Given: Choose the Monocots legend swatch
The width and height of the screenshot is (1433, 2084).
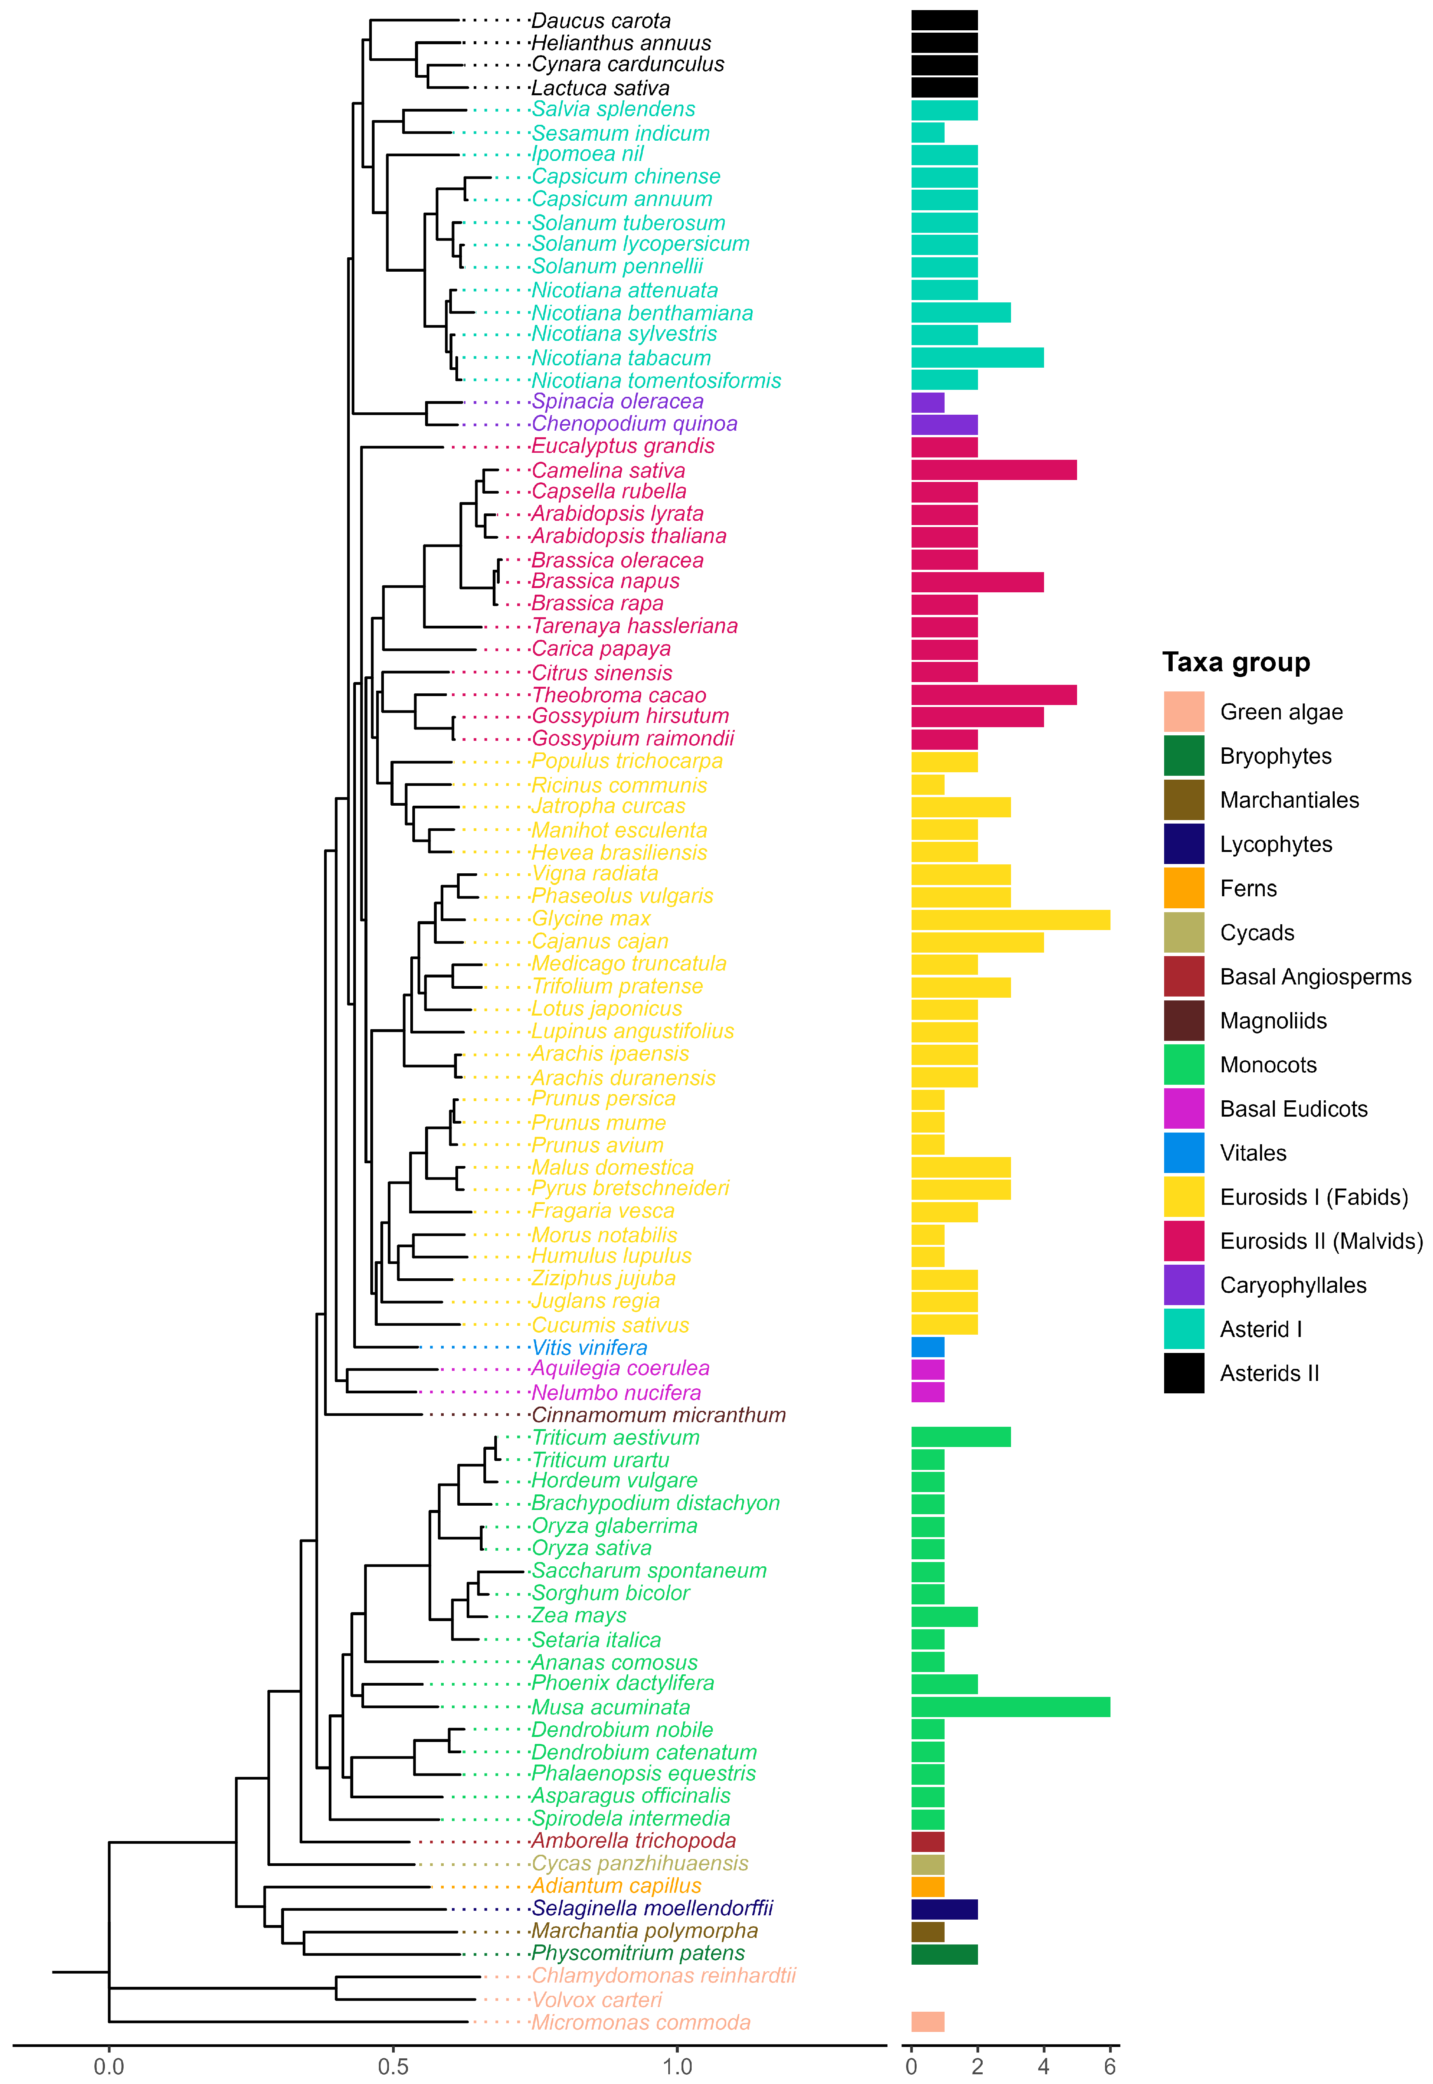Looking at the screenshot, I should [x=1184, y=1065].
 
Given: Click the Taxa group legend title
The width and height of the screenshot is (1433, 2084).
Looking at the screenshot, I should [x=1236, y=663].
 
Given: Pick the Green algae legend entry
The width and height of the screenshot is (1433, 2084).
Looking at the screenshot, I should [x=1280, y=712].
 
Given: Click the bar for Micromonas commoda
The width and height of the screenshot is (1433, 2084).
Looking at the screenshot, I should [x=927, y=2022].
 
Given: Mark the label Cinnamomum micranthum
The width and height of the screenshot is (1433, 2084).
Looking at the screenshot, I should [x=658, y=1415].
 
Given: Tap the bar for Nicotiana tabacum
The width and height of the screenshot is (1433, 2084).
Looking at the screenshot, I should [x=977, y=357].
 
